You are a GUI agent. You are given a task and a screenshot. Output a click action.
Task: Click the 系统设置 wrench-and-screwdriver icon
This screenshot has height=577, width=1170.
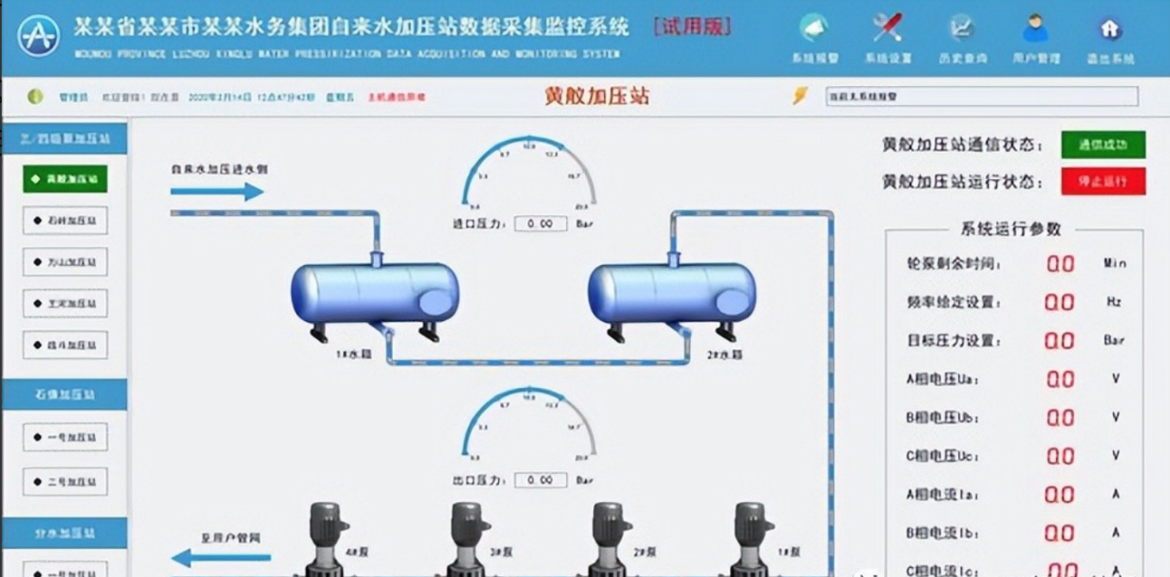887,28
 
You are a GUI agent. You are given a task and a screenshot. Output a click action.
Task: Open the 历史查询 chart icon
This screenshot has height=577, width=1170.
961,28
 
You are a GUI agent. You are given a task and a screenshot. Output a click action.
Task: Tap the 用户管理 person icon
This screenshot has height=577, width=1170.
1035,28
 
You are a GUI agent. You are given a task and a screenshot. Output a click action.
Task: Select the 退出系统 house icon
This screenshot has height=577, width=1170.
1110,28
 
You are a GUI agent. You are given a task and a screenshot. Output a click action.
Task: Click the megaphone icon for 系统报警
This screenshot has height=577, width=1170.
814,28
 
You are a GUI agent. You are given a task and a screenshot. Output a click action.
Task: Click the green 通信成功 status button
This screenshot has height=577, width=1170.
1102,144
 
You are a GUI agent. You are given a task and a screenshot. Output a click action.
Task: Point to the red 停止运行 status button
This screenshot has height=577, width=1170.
1102,181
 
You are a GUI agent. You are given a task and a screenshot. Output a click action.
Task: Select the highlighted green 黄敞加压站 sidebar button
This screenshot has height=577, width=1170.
65,179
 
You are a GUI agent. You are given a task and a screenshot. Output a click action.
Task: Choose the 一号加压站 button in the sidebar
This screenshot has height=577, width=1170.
65,437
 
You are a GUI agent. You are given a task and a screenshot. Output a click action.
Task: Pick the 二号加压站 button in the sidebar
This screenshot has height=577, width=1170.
65,482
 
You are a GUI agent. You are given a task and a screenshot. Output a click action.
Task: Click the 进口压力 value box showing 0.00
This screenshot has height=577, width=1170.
540,223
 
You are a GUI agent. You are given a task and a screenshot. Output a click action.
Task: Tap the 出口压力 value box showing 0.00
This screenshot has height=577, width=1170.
540,480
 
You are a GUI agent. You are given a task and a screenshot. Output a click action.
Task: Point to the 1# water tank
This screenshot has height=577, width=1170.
374,294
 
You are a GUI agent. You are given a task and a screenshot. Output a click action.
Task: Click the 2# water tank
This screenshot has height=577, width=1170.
672,294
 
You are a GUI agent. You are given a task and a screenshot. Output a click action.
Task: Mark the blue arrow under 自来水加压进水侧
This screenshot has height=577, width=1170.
217,192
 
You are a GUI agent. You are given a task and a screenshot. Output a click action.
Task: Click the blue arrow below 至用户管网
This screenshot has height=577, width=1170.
221,557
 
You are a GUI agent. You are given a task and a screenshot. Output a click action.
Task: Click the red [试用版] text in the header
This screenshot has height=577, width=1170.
693,27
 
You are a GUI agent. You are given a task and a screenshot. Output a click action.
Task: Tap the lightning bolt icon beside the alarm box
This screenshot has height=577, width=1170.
800,95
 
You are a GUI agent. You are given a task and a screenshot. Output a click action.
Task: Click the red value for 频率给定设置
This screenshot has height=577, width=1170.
1059,302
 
